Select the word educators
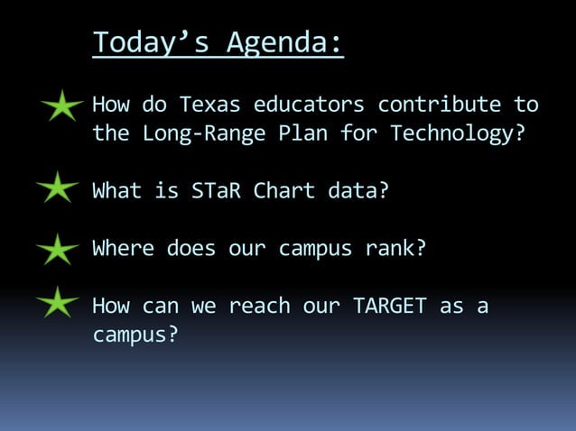click(x=310, y=105)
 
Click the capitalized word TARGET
click(x=390, y=306)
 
